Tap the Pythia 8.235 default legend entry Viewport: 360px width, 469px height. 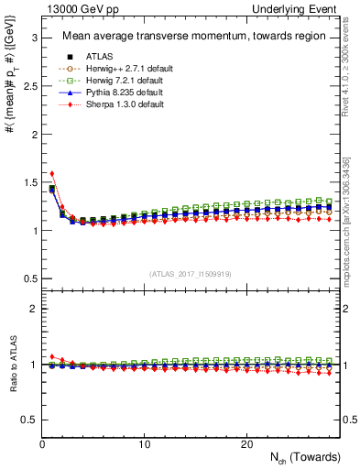(x=120, y=93)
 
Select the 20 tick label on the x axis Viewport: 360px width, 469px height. (x=246, y=443)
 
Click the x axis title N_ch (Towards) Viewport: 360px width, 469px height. (x=305, y=457)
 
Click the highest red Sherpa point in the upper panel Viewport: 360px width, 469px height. (x=52, y=173)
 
